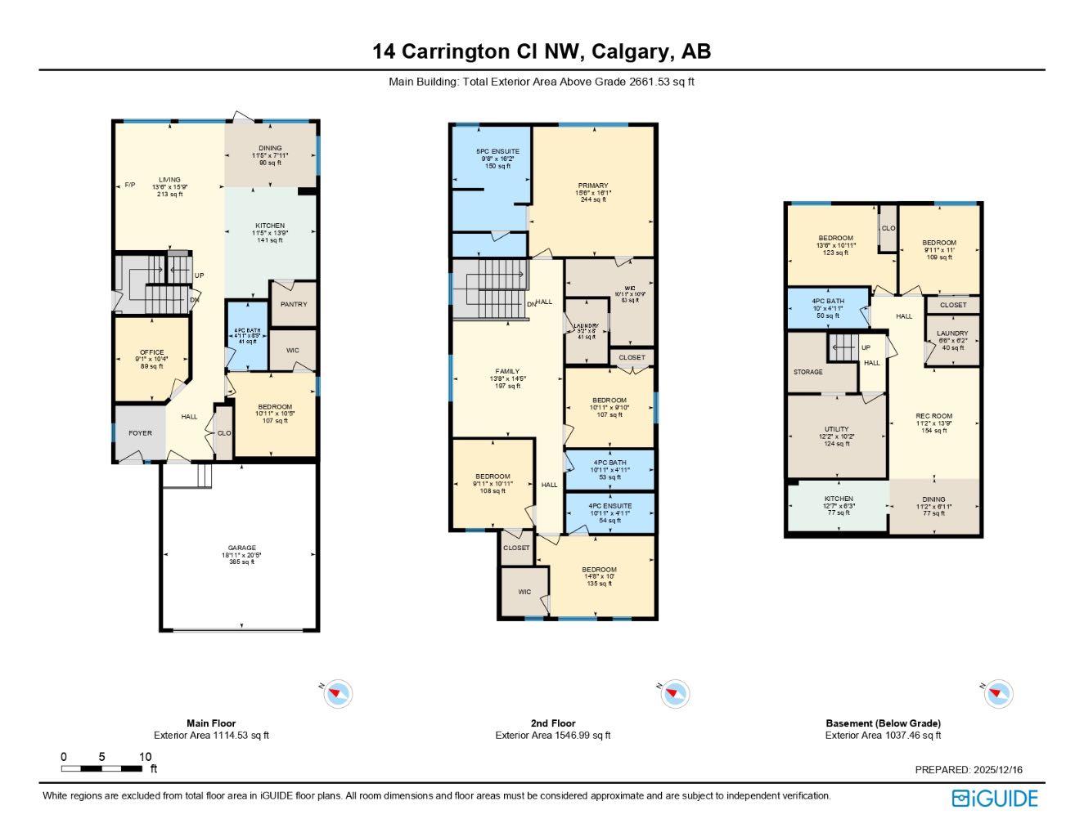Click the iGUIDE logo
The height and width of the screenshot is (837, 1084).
(995, 799)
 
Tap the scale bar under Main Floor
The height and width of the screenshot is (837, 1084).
(102, 768)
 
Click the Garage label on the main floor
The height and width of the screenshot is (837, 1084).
(241, 548)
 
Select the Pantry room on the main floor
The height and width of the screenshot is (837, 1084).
(294, 304)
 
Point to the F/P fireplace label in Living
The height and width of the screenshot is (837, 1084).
(129, 186)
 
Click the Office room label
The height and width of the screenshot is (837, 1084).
(151, 352)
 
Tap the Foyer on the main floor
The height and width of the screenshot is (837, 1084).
(140, 433)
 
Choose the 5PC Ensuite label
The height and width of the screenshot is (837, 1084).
(497, 151)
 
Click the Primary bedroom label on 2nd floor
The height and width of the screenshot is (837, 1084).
(593, 186)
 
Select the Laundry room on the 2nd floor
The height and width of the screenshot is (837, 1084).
(586, 327)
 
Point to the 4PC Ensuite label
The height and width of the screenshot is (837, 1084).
(610, 506)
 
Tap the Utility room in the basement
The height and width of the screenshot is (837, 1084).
(836, 429)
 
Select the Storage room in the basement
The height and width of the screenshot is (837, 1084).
(808, 372)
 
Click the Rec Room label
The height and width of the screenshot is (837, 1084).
(933, 416)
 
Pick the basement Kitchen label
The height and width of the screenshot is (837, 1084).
(839, 499)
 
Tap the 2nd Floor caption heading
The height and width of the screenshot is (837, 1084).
(552, 723)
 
